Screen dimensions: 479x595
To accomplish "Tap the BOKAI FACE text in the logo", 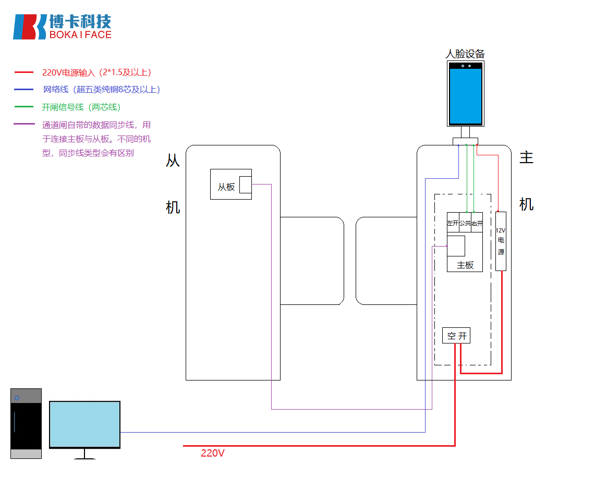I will tap(80, 35).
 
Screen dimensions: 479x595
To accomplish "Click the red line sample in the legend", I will tap(24, 72).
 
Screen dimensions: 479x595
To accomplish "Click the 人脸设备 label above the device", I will tap(465, 54).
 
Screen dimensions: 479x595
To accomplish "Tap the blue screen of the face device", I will tap(466, 96).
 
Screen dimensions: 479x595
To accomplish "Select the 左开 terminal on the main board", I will tap(453, 223).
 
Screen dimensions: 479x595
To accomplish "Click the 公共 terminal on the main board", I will tap(465, 223).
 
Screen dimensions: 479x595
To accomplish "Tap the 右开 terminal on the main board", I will tap(477, 223).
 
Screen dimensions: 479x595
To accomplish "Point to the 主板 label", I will tap(465, 265).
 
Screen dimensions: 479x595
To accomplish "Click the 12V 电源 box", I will tap(501, 241).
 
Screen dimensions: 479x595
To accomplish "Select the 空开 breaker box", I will tap(456, 336).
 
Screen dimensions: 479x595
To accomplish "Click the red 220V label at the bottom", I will tap(213, 453).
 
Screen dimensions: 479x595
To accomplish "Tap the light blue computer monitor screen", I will tap(84, 424).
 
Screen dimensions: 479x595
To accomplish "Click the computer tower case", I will tap(26, 423).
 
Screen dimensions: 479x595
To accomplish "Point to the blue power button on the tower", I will tap(17, 398).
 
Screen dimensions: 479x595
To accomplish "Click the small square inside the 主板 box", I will tap(456, 245).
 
